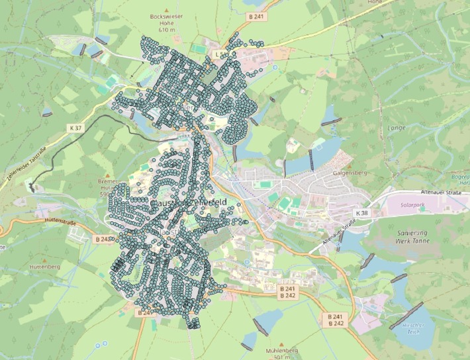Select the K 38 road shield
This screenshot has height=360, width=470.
pyautogui.click(x=361, y=214)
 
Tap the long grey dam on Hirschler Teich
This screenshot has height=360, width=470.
pyautogui.click(x=406, y=316)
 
